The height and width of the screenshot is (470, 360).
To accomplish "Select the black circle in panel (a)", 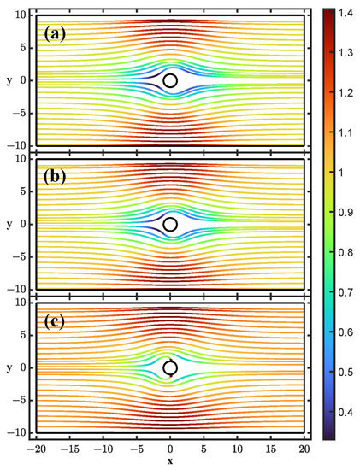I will click(170, 80).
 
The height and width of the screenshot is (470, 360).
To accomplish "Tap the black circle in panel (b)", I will click(170, 224).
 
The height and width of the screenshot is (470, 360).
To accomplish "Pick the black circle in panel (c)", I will click(170, 367).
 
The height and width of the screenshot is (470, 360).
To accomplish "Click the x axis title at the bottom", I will click(170, 461).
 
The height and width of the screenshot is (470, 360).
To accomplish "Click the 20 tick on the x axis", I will click(304, 449).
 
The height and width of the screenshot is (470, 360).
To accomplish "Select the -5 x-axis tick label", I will click(135, 449).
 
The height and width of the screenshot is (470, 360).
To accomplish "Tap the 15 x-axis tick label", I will click(271, 449).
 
